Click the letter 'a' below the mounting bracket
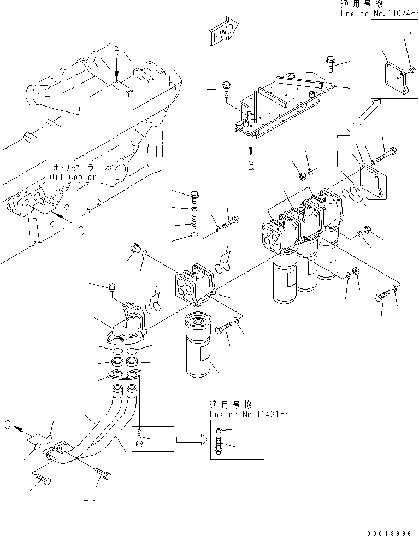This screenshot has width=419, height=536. click(x=250, y=166)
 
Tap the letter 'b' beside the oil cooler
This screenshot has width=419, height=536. click(x=81, y=230)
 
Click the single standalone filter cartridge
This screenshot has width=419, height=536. click(x=201, y=346)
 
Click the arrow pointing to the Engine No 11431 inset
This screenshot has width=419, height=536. click(x=191, y=438)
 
